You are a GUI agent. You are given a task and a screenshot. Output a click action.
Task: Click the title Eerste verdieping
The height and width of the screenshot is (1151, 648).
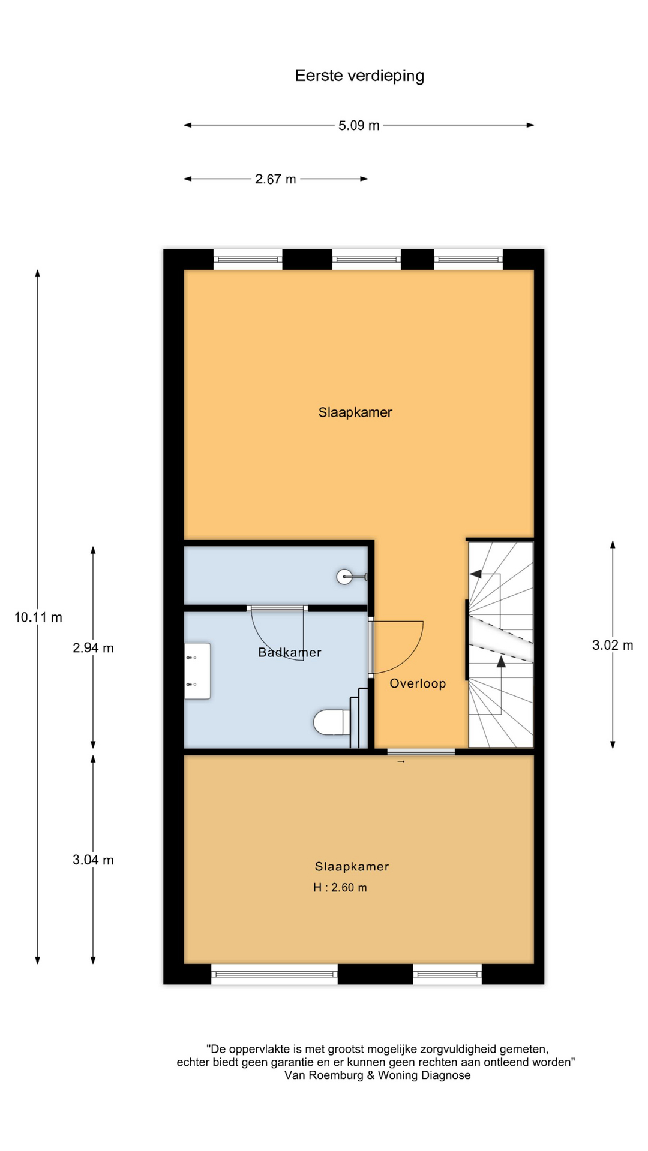click(x=359, y=76)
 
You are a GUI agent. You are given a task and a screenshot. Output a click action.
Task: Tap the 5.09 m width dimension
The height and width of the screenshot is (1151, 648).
click(x=359, y=126)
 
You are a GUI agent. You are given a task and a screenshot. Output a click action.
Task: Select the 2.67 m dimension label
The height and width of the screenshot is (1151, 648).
click(x=275, y=179)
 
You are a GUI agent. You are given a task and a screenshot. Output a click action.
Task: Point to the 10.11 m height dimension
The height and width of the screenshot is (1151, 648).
click(x=38, y=617)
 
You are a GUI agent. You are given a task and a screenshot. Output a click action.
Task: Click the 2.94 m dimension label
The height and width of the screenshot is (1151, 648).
click(x=93, y=648)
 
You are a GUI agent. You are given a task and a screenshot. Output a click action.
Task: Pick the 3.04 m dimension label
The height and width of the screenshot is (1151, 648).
click(x=93, y=860)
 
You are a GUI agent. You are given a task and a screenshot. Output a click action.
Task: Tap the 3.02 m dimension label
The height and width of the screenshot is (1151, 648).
click(x=613, y=646)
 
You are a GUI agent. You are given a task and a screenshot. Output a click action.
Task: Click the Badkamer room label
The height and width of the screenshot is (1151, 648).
click(x=290, y=652)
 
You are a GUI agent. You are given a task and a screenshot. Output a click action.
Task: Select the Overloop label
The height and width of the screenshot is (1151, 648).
click(x=418, y=683)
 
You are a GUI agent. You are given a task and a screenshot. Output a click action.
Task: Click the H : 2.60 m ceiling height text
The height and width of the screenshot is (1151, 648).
click(x=340, y=888)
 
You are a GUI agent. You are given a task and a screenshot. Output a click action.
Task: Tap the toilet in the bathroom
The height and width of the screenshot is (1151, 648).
click(x=332, y=722)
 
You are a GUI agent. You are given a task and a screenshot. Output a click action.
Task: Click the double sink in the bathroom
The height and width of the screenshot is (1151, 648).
click(x=197, y=671)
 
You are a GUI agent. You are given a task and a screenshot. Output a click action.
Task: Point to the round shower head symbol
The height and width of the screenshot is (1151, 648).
click(x=344, y=577)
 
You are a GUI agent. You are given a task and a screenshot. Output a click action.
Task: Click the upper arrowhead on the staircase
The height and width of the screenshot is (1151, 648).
click(x=476, y=574)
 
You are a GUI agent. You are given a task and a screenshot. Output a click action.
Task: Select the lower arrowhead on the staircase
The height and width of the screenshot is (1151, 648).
click(x=501, y=661)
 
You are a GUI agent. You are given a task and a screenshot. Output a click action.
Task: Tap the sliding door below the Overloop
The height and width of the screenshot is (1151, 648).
click(x=421, y=752)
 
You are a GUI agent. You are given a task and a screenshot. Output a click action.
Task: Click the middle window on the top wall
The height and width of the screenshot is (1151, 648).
click(x=366, y=260)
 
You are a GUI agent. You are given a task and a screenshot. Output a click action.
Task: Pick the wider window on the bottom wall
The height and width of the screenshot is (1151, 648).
click(x=274, y=974)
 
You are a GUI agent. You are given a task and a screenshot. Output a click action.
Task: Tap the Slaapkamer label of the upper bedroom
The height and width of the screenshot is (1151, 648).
click(x=355, y=412)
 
